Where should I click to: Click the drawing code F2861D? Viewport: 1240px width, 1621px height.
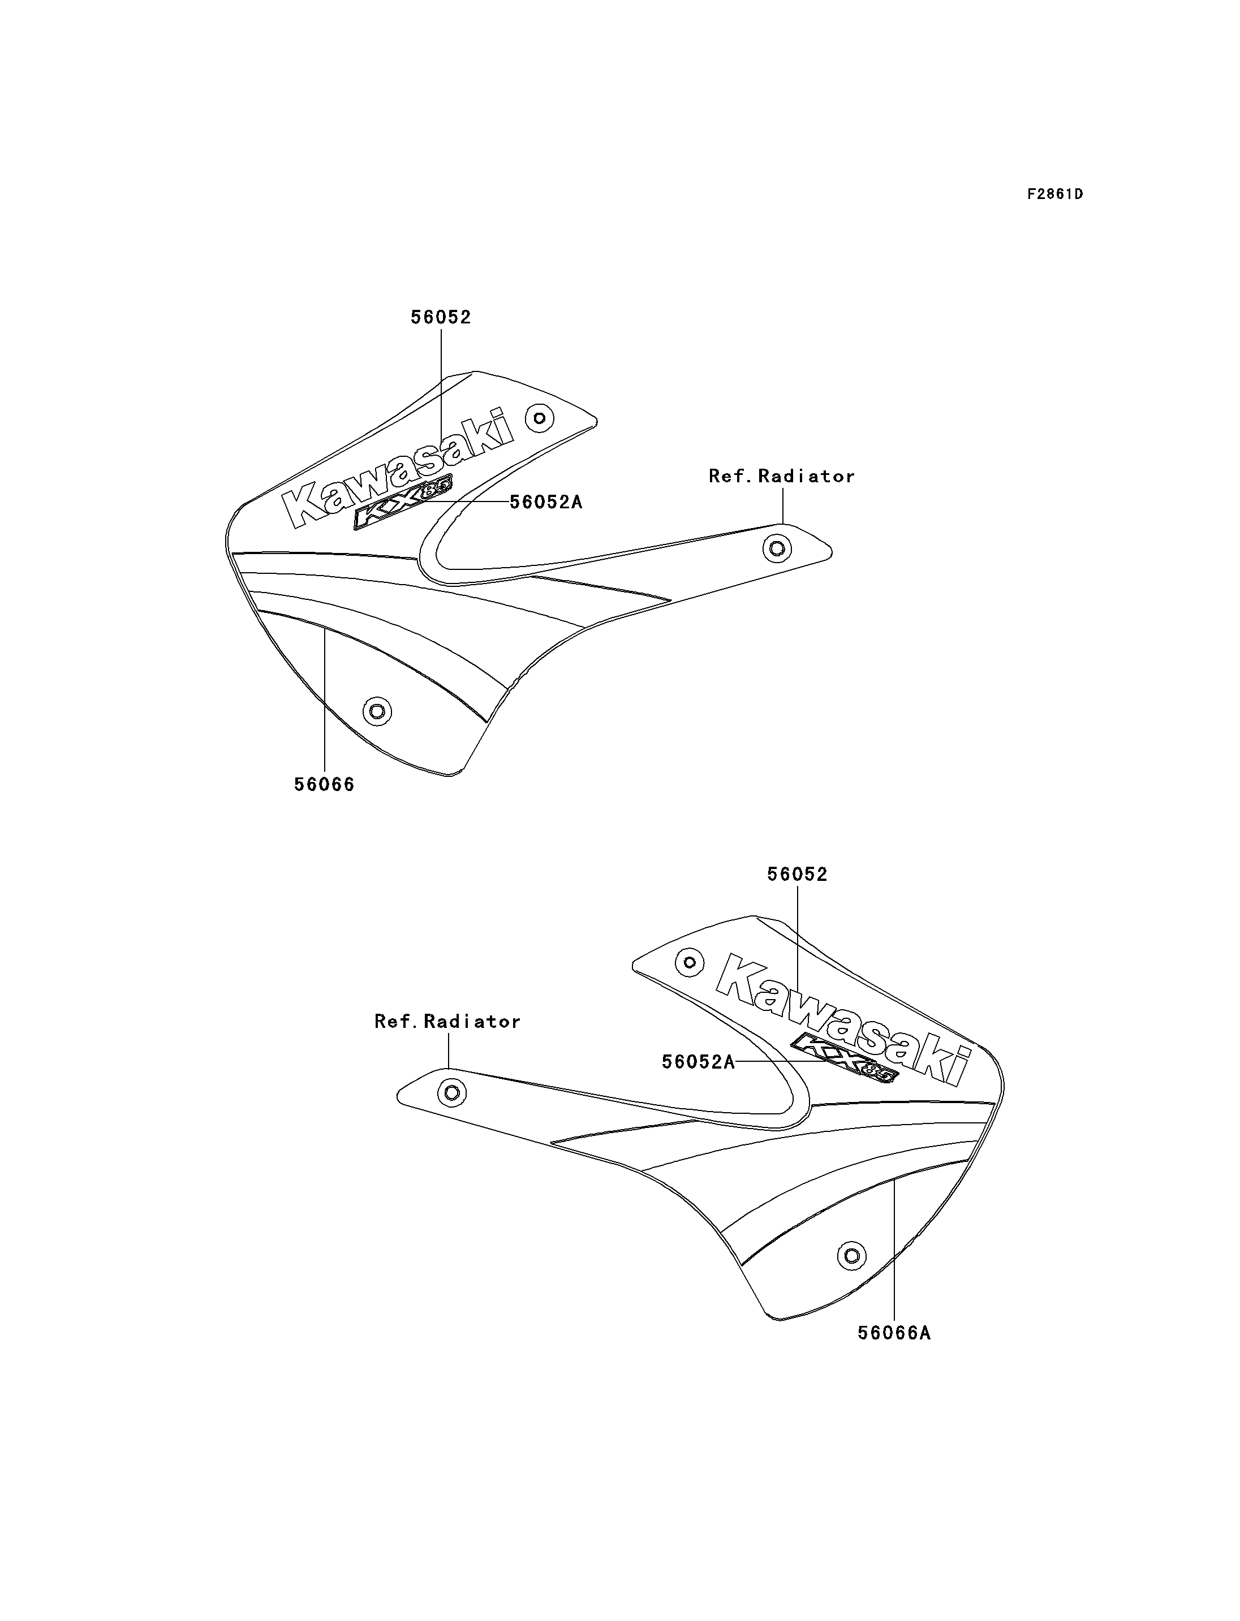coord(1055,194)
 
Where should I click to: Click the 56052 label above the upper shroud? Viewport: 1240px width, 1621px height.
coord(441,317)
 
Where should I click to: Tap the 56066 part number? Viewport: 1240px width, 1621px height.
coord(324,784)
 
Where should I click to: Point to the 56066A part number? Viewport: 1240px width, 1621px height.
coord(894,1333)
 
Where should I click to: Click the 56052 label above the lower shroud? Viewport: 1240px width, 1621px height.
coord(797,874)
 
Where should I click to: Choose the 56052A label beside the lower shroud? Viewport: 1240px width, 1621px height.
coord(698,1062)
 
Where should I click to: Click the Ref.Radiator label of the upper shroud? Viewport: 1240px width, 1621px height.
coord(782,476)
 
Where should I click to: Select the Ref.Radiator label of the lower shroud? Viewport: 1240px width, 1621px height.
coord(447,1021)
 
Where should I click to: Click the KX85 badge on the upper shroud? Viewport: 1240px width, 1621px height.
coord(403,502)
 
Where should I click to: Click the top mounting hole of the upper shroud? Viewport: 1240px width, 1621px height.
coord(540,418)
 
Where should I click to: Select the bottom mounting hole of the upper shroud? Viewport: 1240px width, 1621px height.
coord(377,712)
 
